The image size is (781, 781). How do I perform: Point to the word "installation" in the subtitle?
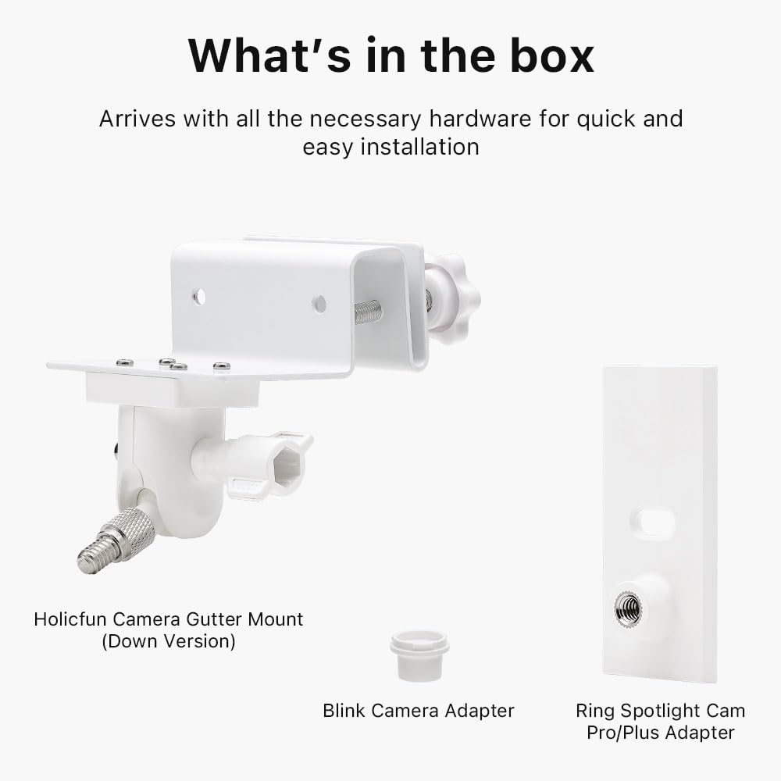(419, 146)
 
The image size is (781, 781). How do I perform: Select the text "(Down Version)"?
(169, 642)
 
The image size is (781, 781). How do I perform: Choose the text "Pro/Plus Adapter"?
(661, 733)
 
